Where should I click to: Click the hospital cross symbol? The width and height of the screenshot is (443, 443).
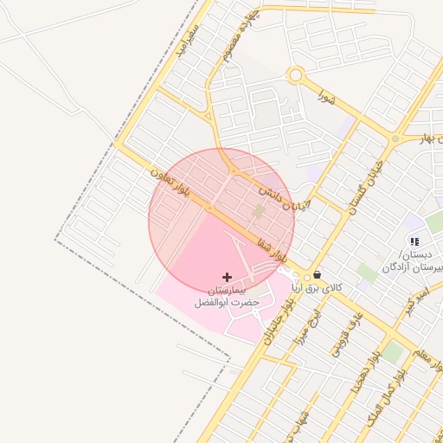pyautogui.click(x=228, y=277)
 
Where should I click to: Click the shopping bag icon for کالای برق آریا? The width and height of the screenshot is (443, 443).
pyautogui.click(x=318, y=274)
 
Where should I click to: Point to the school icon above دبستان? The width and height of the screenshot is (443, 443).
pyautogui.click(x=414, y=241)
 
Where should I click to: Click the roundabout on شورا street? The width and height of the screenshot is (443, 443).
pyautogui.click(x=296, y=76)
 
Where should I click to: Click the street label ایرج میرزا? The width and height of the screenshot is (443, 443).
pyautogui.click(x=312, y=325)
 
